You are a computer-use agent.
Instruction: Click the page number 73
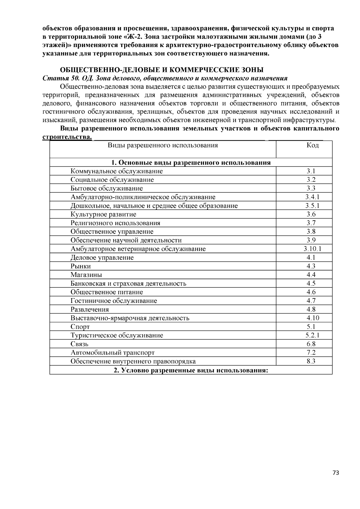coord(336,473)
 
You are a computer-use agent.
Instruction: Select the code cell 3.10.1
coord(312,249)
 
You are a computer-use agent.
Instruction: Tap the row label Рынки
coord(81,266)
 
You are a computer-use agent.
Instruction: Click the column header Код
coord(312,146)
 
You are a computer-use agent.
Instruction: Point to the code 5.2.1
coord(312,335)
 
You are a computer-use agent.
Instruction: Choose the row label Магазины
coord(86,275)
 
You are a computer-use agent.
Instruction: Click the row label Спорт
coord(80,327)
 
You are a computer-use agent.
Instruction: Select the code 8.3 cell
coord(311,362)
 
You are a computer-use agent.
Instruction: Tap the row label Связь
coord(79,344)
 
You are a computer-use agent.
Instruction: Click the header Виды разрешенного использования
coord(163,146)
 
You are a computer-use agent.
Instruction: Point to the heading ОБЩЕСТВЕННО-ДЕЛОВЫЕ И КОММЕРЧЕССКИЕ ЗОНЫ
coord(162,70)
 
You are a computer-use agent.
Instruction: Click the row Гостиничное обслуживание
coord(114,301)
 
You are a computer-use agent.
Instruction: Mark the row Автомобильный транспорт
coord(112,353)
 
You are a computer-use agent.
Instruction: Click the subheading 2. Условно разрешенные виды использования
coord(190,370)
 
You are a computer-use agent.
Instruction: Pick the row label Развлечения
coord(90,309)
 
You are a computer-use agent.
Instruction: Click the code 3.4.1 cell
coord(312,197)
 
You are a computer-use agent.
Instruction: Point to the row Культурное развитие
coord(103,214)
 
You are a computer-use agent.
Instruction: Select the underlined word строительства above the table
coord(66,137)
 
